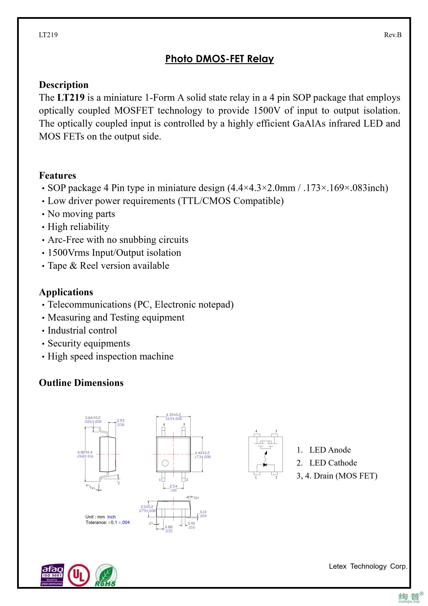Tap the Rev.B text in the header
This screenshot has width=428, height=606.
click(392, 35)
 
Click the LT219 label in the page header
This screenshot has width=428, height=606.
click(48, 35)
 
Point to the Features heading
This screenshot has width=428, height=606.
click(57, 176)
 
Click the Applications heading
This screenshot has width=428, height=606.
click(66, 292)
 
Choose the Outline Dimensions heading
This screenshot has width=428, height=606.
click(81, 383)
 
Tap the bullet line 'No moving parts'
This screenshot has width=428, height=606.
click(81, 214)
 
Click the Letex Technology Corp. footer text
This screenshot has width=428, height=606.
click(368, 566)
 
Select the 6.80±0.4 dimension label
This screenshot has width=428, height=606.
click(85, 452)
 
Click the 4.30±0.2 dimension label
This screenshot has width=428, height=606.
click(173, 415)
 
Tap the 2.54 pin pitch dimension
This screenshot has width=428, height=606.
click(173, 486)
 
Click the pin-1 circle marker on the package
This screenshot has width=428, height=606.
click(165, 463)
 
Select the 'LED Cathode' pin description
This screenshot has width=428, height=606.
click(333, 463)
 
